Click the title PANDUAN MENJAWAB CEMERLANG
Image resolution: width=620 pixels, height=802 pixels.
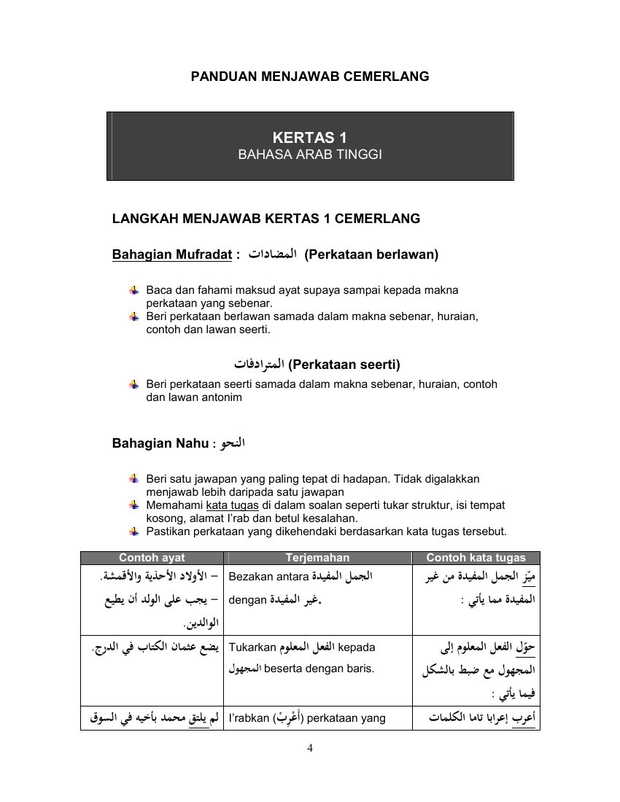(309, 76)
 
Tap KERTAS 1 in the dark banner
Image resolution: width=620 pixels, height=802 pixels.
(309, 137)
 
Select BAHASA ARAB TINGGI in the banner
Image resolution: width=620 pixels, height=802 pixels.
(309, 155)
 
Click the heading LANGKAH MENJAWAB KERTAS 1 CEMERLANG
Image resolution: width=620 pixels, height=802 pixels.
(266, 218)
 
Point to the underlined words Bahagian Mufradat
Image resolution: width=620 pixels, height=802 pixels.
(171, 254)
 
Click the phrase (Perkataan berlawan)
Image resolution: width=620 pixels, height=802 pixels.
(371, 254)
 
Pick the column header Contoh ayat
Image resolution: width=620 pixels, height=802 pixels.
(152, 558)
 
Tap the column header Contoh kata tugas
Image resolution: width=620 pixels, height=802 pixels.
(476, 558)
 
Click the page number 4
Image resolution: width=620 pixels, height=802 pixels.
(310, 747)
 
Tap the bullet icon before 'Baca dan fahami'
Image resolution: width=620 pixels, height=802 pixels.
(133, 290)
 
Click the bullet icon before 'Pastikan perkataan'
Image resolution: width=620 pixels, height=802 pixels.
(133, 531)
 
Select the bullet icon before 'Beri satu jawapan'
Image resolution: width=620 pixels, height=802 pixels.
(133, 479)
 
